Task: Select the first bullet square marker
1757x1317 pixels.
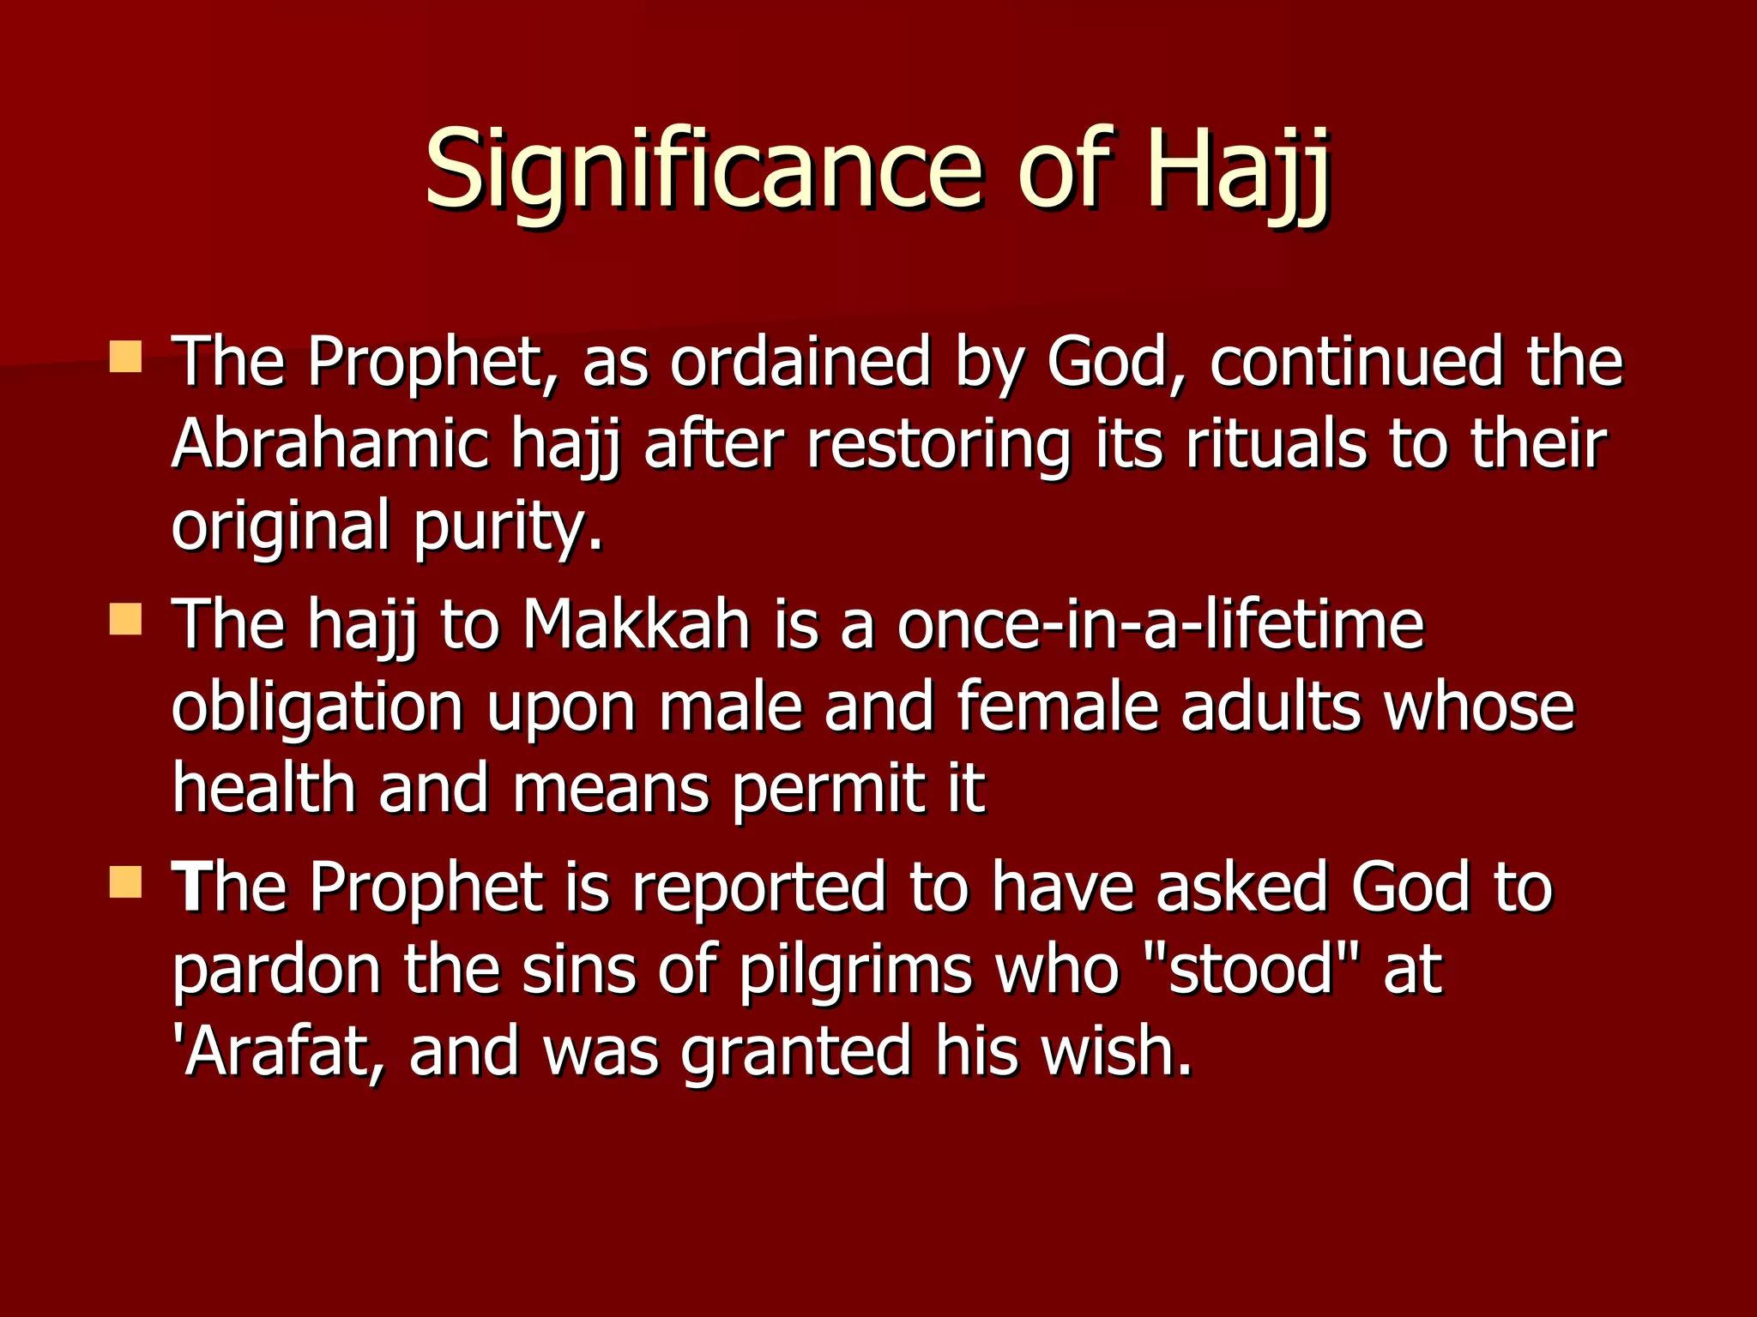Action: pos(126,356)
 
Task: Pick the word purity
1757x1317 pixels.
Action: pos(508,527)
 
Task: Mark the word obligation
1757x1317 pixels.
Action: pos(318,707)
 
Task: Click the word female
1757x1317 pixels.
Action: pos(1058,707)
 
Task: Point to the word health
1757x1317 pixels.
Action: pos(263,789)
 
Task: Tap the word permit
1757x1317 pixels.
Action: pos(829,789)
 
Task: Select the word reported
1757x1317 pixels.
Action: pos(758,887)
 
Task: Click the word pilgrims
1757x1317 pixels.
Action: pos(855,971)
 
